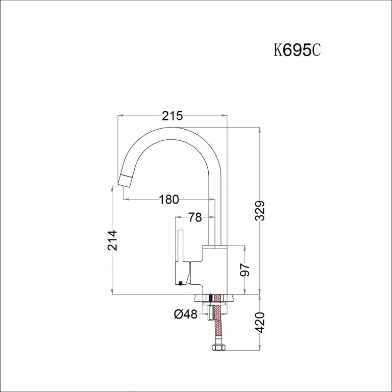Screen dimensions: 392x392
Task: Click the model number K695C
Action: [x=297, y=51]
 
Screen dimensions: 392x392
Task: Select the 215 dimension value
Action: [x=173, y=116]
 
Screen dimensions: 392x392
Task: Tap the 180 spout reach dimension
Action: [x=169, y=200]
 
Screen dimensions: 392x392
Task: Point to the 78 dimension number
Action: [x=195, y=218]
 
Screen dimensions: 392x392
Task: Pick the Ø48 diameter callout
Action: [x=185, y=315]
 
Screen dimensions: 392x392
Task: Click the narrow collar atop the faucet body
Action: [x=214, y=247]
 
